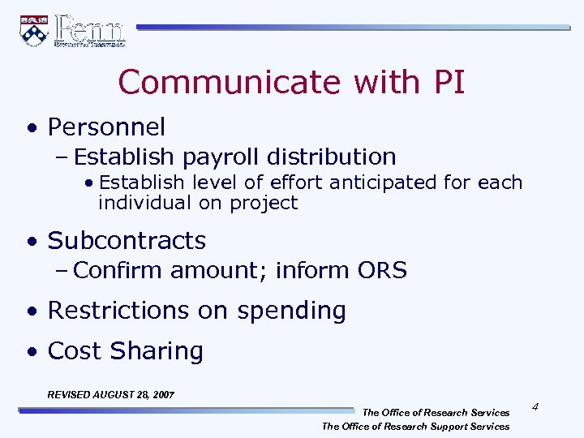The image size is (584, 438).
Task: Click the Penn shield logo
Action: (x=33, y=30)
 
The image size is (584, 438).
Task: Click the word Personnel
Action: (x=106, y=127)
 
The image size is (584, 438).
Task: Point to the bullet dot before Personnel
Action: (x=30, y=128)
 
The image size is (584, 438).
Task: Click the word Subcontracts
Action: (x=127, y=241)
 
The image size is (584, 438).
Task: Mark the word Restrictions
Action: (x=118, y=311)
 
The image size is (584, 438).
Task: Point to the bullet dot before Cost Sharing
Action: (x=30, y=352)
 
